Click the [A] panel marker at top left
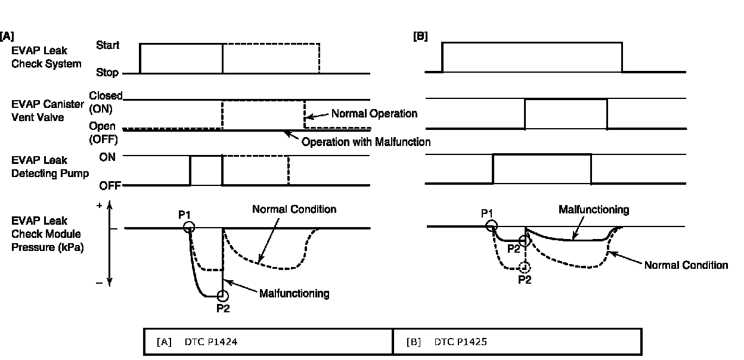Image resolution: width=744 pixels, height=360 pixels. (7, 36)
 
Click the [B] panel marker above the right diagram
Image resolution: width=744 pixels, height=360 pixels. (420, 36)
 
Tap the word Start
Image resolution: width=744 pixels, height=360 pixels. (107, 45)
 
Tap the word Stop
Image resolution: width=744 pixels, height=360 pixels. (108, 73)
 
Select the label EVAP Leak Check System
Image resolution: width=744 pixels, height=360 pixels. (46, 58)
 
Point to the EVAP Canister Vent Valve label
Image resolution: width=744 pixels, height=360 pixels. (48, 111)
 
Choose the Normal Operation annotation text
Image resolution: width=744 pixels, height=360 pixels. (374, 113)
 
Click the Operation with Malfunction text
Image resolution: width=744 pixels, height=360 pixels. (365, 142)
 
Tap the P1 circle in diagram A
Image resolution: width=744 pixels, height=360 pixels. (189, 226)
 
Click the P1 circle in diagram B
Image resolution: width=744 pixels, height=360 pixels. (491, 225)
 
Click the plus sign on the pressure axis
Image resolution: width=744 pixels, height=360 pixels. (100, 205)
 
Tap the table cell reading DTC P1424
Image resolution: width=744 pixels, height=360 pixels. (268, 342)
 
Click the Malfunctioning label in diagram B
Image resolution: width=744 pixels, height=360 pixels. (593, 209)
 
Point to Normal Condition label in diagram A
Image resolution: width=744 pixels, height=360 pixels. (294, 209)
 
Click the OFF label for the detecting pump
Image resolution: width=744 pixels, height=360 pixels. (109, 185)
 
